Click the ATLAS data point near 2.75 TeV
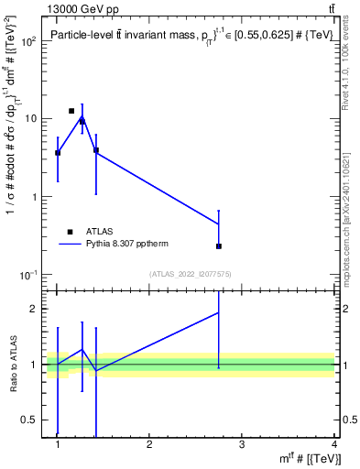click(x=219, y=246)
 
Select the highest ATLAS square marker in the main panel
click(x=71, y=111)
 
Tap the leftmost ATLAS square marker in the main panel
click(x=58, y=153)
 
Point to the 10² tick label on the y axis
click(x=29, y=41)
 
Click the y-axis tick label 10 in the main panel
click(x=31, y=119)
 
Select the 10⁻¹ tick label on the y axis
click(x=29, y=276)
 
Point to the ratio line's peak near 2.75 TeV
click(x=219, y=312)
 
